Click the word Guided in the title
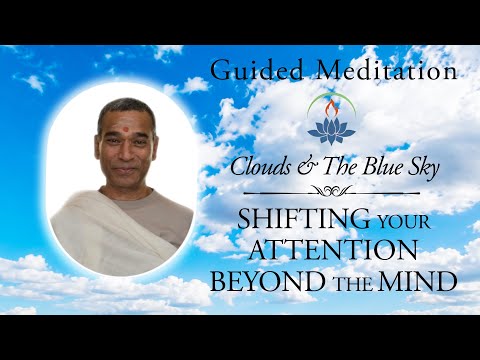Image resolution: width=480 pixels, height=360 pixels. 257,70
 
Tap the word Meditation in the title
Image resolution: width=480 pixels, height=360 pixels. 387,70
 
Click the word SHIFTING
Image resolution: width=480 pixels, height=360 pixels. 303,218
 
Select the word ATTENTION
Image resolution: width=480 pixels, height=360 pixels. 333,250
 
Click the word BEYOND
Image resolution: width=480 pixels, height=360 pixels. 268,281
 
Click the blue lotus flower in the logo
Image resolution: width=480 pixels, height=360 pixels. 331,131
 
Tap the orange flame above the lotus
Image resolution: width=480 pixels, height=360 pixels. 331,108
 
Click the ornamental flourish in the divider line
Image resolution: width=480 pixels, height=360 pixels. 331,191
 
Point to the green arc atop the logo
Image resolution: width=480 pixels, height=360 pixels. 331,94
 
